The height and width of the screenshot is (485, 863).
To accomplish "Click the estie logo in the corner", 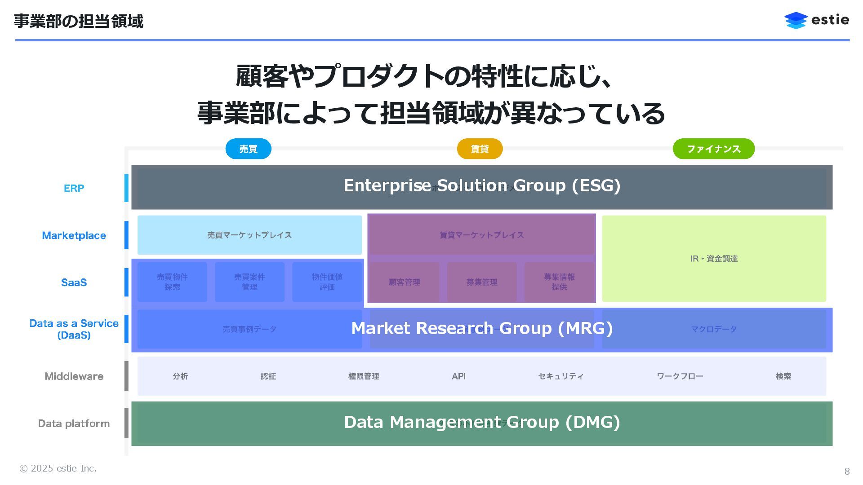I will tap(816, 20).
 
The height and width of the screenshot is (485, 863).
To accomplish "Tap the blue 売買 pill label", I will tap(248, 149).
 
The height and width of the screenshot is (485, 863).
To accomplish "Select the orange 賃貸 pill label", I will tap(480, 149).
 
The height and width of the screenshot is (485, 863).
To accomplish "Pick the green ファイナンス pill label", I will tap(713, 149).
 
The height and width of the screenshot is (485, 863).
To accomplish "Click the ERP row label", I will tap(74, 188).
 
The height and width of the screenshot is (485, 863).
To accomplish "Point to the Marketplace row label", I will tap(74, 235).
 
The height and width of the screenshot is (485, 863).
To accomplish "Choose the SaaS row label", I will tap(74, 282).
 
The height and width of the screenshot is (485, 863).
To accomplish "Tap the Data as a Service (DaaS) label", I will tap(74, 329).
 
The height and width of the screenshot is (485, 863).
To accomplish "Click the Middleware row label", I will tap(74, 376).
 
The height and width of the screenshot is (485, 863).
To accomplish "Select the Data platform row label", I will tap(74, 423).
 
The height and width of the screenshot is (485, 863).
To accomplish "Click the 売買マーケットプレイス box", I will tap(249, 235).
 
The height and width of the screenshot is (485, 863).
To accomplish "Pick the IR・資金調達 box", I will tap(714, 259).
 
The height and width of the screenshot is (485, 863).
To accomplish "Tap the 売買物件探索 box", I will tap(172, 282).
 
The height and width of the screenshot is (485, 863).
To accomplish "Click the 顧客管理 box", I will tap(404, 282).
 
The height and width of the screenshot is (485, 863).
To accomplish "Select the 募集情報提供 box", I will tap(559, 282).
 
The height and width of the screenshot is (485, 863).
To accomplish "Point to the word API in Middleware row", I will tap(458, 376).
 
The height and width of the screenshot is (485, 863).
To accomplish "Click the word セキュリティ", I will tap(561, 376).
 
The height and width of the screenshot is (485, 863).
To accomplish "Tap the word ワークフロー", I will tap(680, 376).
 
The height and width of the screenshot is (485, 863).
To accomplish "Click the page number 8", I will tap(847, 471).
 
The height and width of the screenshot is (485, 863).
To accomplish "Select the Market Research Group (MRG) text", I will tap(482, 328).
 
